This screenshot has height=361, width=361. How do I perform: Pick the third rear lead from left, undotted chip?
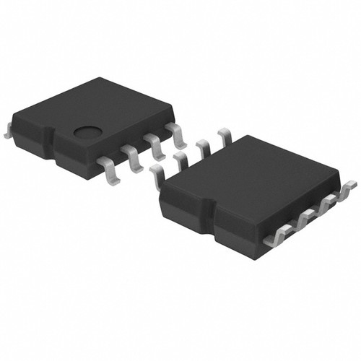click(x=204, y=148)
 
